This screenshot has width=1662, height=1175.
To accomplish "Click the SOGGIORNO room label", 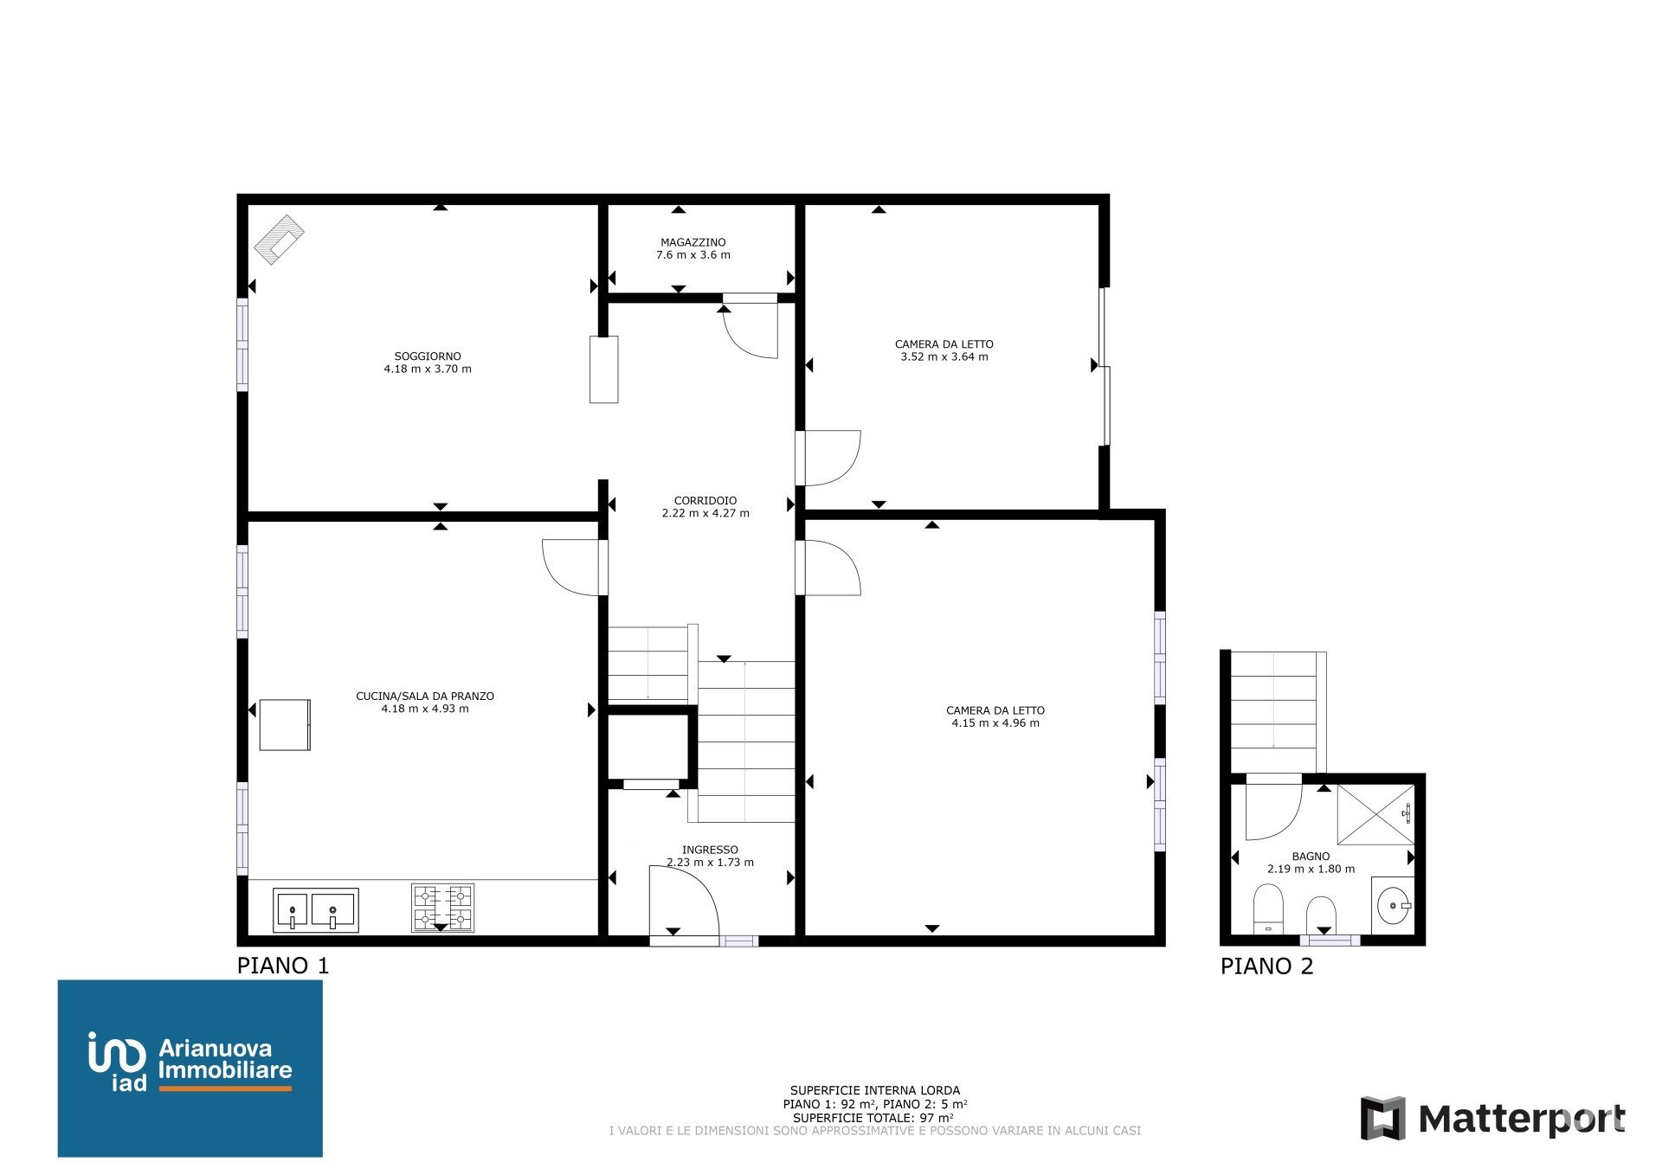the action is point(428,356).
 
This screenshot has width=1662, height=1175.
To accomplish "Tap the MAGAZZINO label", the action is point(693,242).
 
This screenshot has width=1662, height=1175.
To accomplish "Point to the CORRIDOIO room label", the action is point(705,500).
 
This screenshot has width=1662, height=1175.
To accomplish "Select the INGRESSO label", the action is point(710,850).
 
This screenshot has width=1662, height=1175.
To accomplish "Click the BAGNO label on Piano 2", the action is point(1311,856).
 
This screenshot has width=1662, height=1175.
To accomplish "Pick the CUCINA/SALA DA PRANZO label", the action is point(425,696).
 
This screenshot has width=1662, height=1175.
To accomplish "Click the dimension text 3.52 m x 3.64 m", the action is point(944,356).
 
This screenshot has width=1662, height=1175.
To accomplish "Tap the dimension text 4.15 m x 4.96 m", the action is point(995,723).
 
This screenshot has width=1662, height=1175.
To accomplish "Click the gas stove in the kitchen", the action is point(442,908).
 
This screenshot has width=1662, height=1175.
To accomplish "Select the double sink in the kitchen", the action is point(316,910).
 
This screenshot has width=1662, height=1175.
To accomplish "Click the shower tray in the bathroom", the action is point(1375,814).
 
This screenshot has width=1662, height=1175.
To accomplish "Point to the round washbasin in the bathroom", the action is point(1393,906).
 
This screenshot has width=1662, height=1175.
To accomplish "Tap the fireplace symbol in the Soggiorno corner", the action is point(279,239).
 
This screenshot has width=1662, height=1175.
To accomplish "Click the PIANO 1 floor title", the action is point(283,966).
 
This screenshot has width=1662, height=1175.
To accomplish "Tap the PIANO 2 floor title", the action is point(1266,966).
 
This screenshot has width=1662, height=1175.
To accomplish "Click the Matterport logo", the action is point(1492,1119).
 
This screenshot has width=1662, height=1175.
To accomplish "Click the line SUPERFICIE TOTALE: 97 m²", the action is point(873,1117).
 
